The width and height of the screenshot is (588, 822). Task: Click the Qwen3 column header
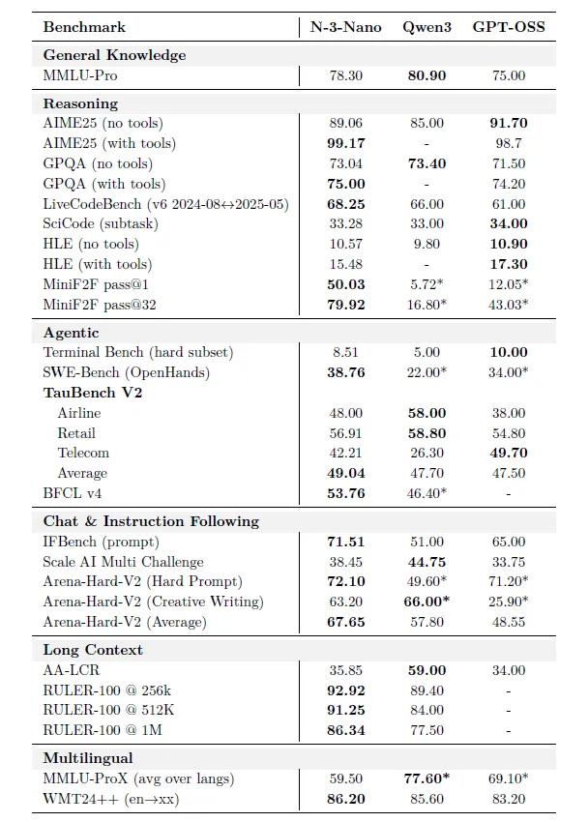click(426, 27)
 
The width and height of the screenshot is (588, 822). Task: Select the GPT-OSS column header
click(508, 27)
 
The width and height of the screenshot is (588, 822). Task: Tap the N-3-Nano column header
click(345, 27)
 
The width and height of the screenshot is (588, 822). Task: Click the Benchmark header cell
click(84, 27)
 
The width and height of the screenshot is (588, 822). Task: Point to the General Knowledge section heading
click(114, 55)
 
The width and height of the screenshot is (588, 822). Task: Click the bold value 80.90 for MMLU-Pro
click(426, 75)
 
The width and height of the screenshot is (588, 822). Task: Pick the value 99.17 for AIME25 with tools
click(345, 143)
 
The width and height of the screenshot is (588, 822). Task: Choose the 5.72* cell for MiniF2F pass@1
click(426, 284)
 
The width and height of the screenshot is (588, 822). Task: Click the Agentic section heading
click(71, 332)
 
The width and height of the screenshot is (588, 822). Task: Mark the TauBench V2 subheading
click(93, 393)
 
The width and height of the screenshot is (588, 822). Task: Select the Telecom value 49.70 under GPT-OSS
click(508, 453)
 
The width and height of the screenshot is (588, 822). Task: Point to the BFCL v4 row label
click(73, 493)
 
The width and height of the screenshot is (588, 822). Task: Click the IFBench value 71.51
click(345, 542)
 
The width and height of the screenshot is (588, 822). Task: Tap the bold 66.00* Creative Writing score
click(426, 602)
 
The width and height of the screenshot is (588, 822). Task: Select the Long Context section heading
click(93, 650)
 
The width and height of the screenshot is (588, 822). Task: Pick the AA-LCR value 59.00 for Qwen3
click(426, 670)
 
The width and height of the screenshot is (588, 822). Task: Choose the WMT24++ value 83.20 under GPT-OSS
click(508, 799)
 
